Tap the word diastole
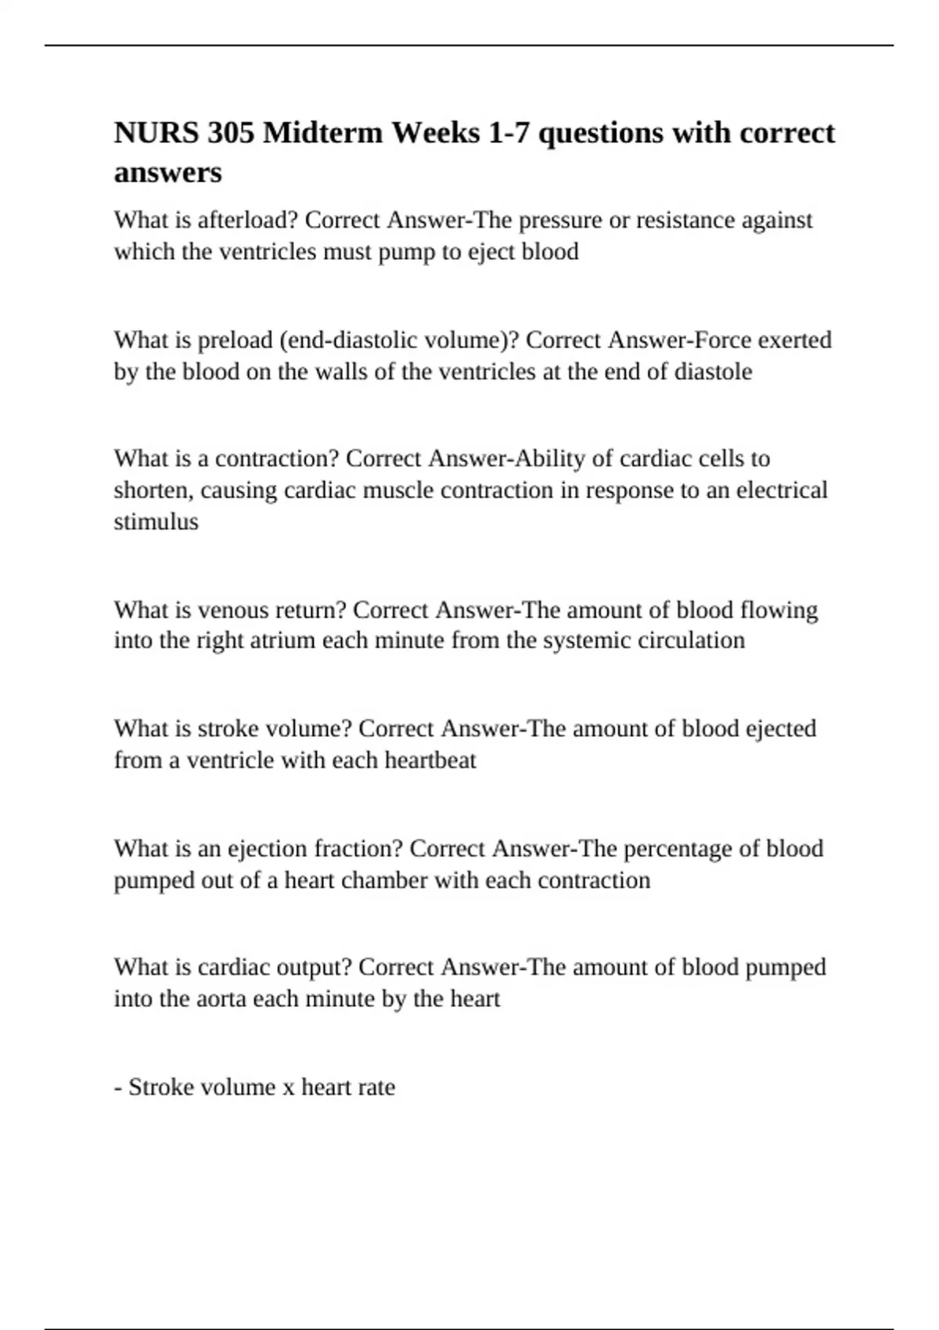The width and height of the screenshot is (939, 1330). coord(713,372)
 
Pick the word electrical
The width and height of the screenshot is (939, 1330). coord(782,491)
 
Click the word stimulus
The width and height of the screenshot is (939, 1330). coord(156,522)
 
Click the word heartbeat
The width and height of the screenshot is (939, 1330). coord(430,760)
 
